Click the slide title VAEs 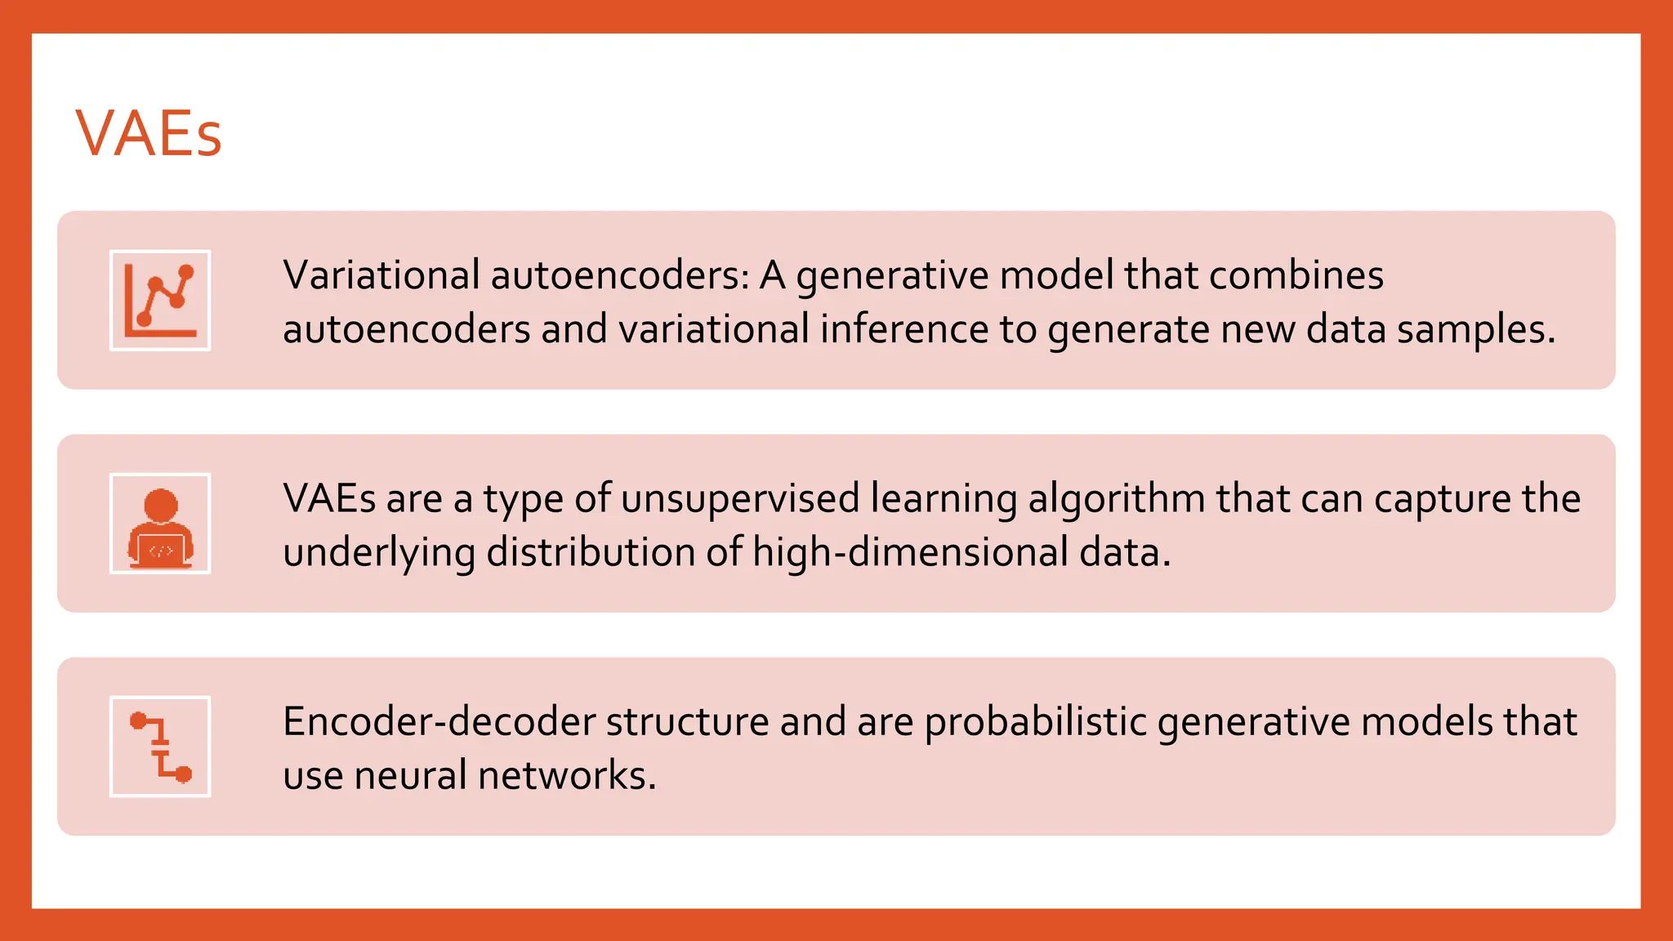pos(148,133)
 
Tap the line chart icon pos(160,301)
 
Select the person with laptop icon pos(160,524)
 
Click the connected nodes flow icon pos(160,747)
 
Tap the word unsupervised pos(740,498)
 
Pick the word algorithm pos(1116,500)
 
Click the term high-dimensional pos(910,554)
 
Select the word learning pos(944,500)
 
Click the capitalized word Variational pos(381,275)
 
